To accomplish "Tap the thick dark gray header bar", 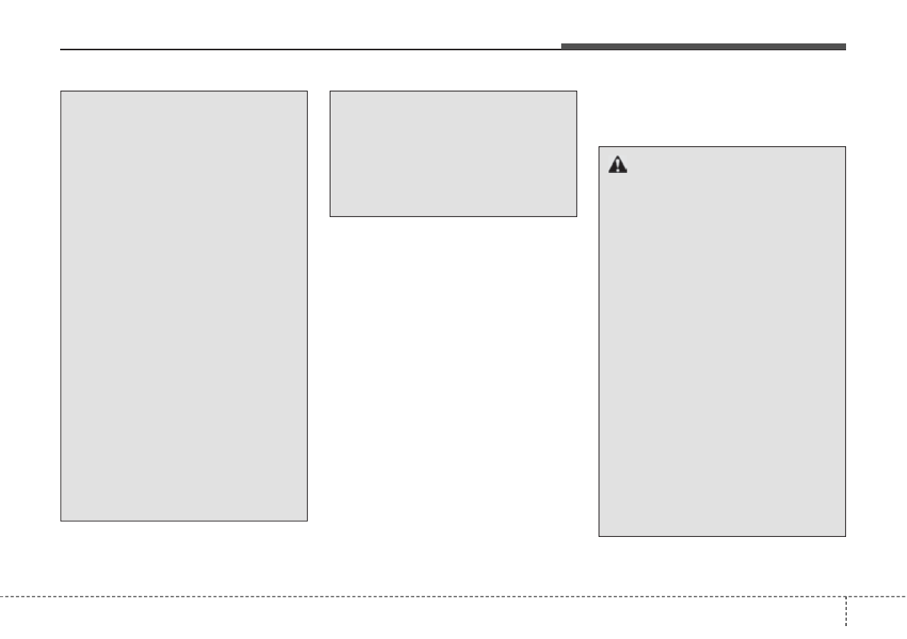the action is click(703, 47).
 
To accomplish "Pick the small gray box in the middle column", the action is click(453, 154).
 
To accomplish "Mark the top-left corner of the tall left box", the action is click(61, 92).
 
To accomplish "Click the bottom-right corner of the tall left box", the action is click(307, 520).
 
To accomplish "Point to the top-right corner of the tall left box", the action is click(307, 92).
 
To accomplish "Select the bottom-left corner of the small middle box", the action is click(330, 216).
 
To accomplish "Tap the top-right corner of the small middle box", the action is click(576, 92).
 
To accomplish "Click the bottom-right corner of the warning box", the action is click(845, 536).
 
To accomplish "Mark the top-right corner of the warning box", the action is click(845, 147).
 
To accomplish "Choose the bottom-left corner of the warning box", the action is click(599, 536).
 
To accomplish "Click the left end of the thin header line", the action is click(61, 50).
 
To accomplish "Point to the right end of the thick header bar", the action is click(845, 47).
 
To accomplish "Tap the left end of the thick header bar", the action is click(562, 47).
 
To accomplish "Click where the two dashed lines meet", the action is click(846, 596).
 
